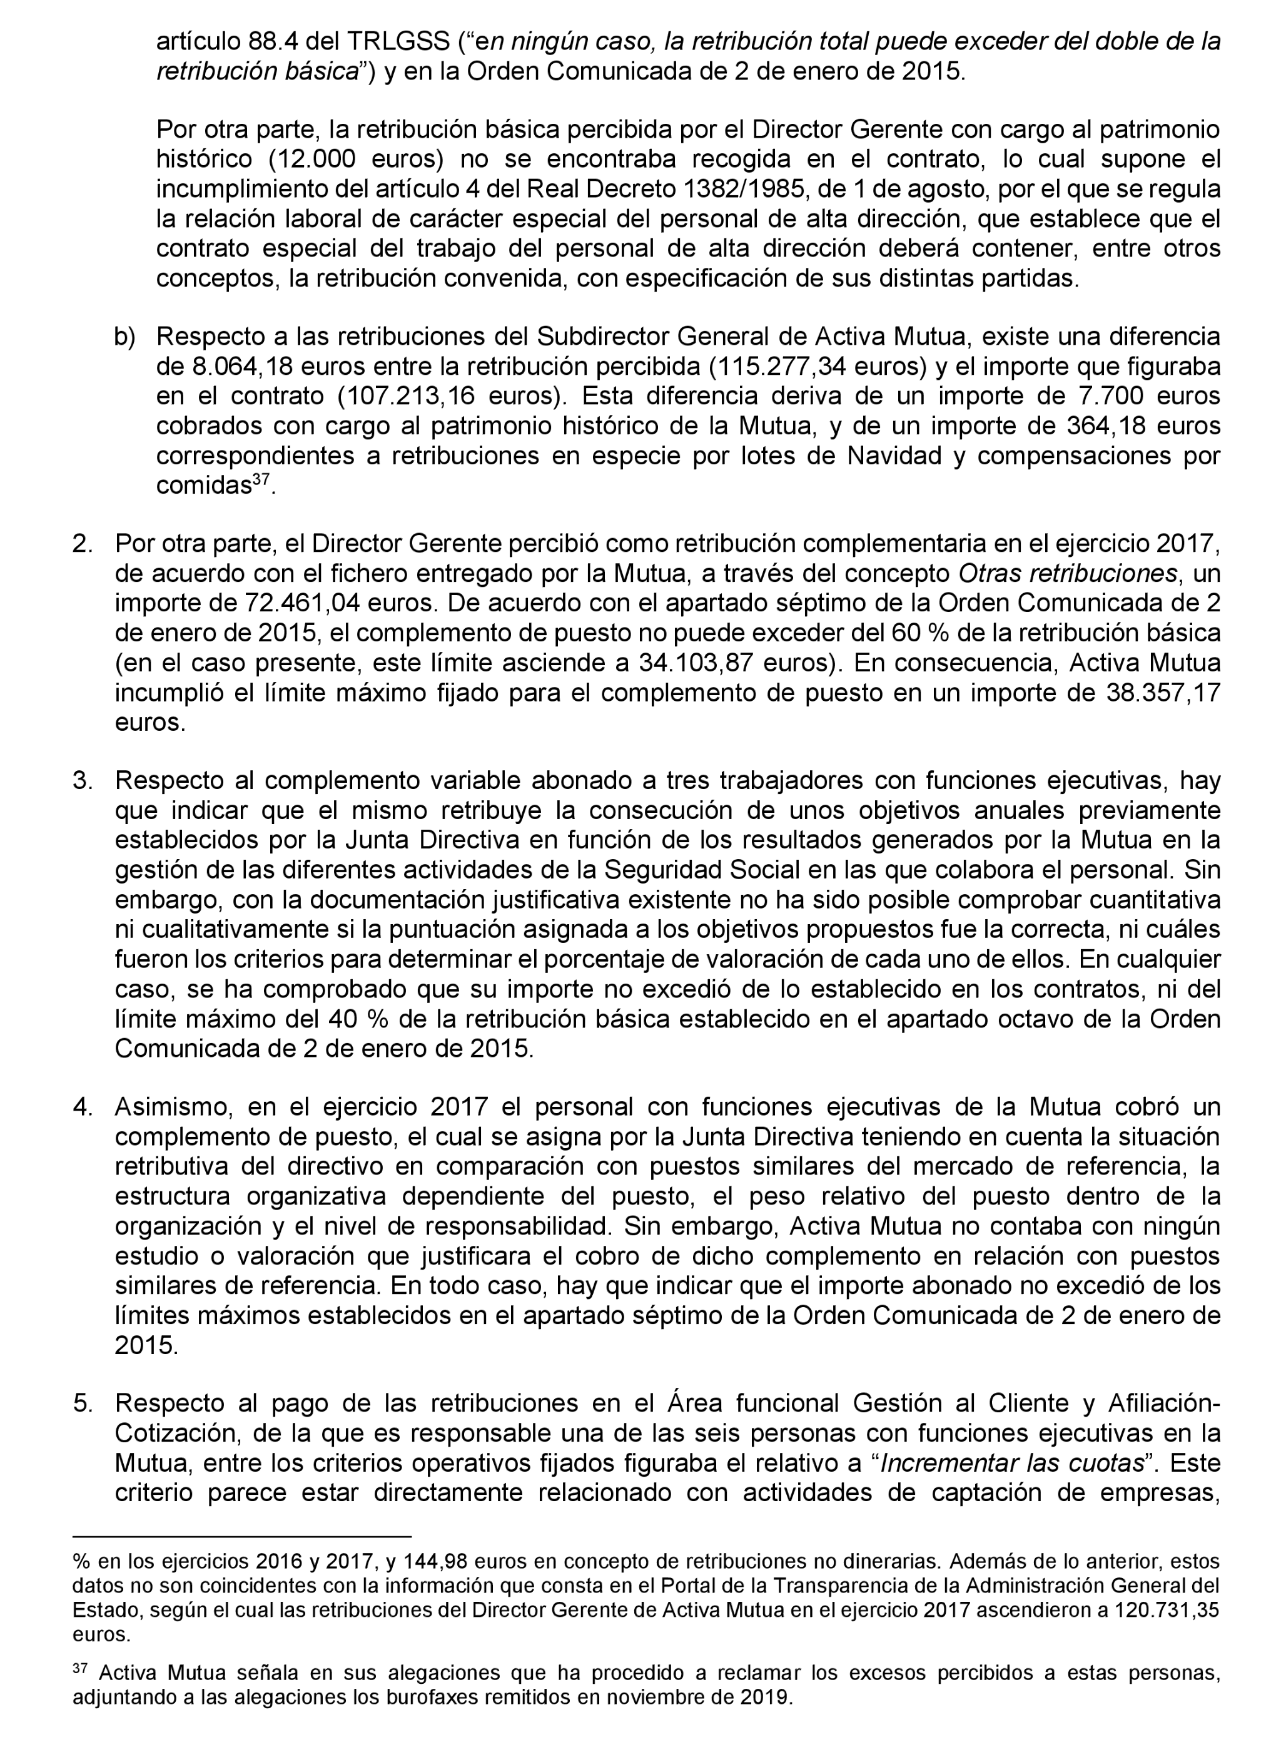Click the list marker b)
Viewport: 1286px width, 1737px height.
click(124, 337)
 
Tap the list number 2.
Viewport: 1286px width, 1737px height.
click(83, 544)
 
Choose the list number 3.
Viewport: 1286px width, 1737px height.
click(83, 780)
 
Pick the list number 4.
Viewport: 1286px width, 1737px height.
click(83, 1106)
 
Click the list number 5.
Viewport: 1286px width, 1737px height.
click(83, 1403)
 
